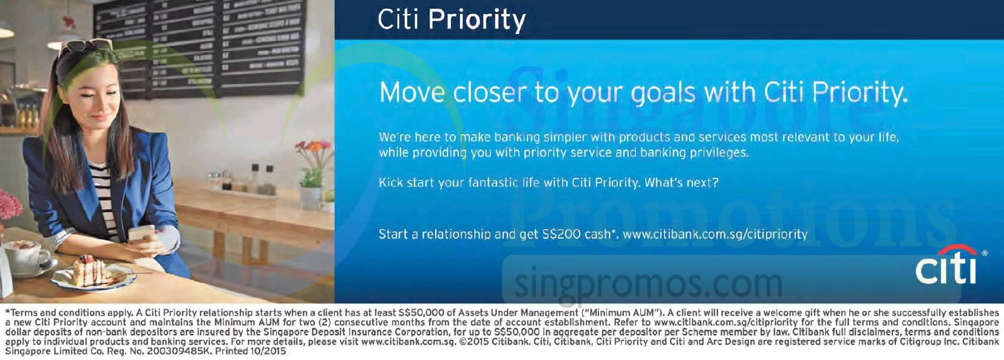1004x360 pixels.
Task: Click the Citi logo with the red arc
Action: coord(946,265)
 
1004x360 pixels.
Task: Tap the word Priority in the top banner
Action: coord(477,19)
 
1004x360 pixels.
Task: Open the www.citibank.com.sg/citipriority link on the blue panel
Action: coord(715,234)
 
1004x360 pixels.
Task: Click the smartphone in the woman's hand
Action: coord(141,233)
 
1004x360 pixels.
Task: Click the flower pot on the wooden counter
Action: coord(310,197)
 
